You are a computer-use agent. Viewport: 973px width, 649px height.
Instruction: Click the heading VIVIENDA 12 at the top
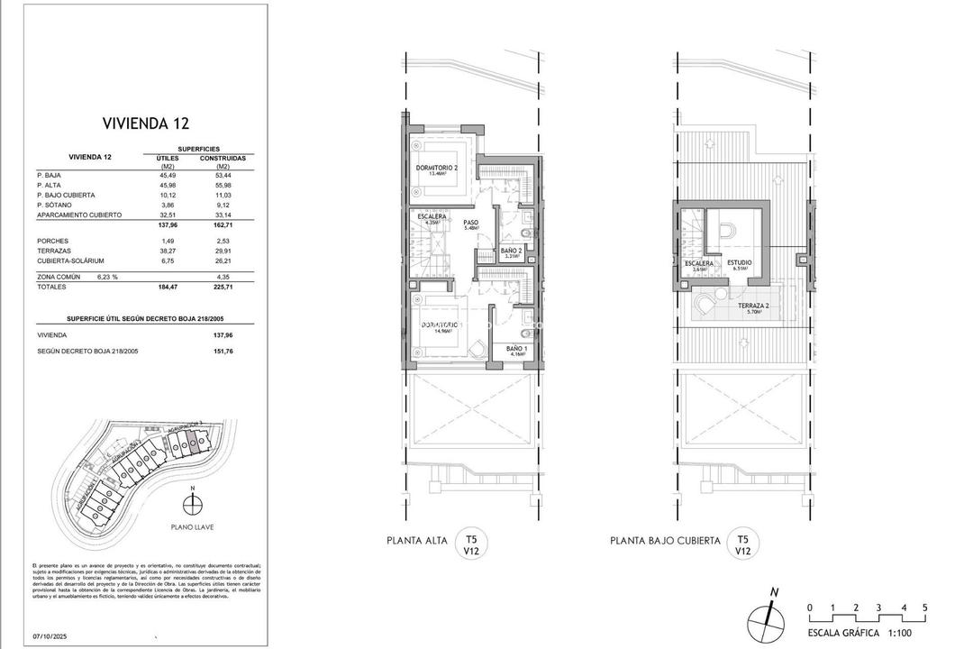[x=146, y=123]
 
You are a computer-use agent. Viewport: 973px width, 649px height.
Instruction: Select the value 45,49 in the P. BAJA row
[x=167, y=176]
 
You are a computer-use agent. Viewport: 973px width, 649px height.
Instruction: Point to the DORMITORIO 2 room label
[x=438, y=169]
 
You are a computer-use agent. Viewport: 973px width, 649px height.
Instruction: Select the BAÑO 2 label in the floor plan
[x=512, y=252]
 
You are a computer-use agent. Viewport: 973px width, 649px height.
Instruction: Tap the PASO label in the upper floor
[x=471, y=224]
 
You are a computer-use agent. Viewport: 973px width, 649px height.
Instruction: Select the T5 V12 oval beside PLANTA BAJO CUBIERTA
[x=743, y=541]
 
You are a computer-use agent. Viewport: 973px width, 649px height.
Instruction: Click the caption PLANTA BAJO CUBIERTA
[x=665, y=541]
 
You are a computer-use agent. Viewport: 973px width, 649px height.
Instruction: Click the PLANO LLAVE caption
[x=191, y=526]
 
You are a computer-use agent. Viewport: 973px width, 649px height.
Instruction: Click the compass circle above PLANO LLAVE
[x=191, y=503]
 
